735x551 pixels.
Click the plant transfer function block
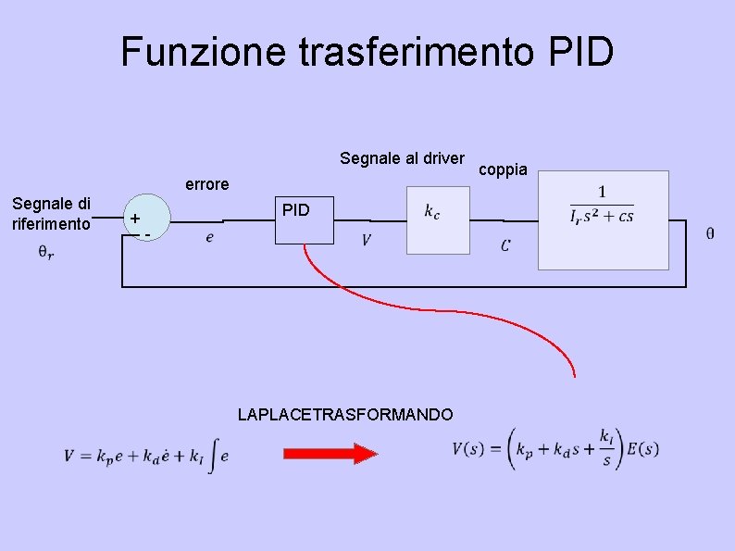[x=603, y=219]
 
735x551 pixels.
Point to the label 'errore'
[x=207, y=184]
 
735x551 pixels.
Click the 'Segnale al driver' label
[x=402, y=158]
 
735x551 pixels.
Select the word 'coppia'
[x=503, y=169]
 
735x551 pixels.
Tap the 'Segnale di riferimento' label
[x=51, y=213]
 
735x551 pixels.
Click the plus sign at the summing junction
[x=135, y=219]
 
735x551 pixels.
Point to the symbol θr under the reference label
[x=45, y=251]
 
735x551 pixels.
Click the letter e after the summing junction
[x=210, y=238]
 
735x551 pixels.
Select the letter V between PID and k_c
[x=367, y=241]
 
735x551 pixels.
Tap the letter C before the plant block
[x=505, y=245]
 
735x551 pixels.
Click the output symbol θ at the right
[x=709, y=233]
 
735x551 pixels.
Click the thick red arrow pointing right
[x=330, y=454]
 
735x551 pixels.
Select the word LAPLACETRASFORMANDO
[x=345, y=415]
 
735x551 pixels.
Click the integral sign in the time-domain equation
[x=211, y=455]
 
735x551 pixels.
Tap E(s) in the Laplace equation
[x=642, y=450]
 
